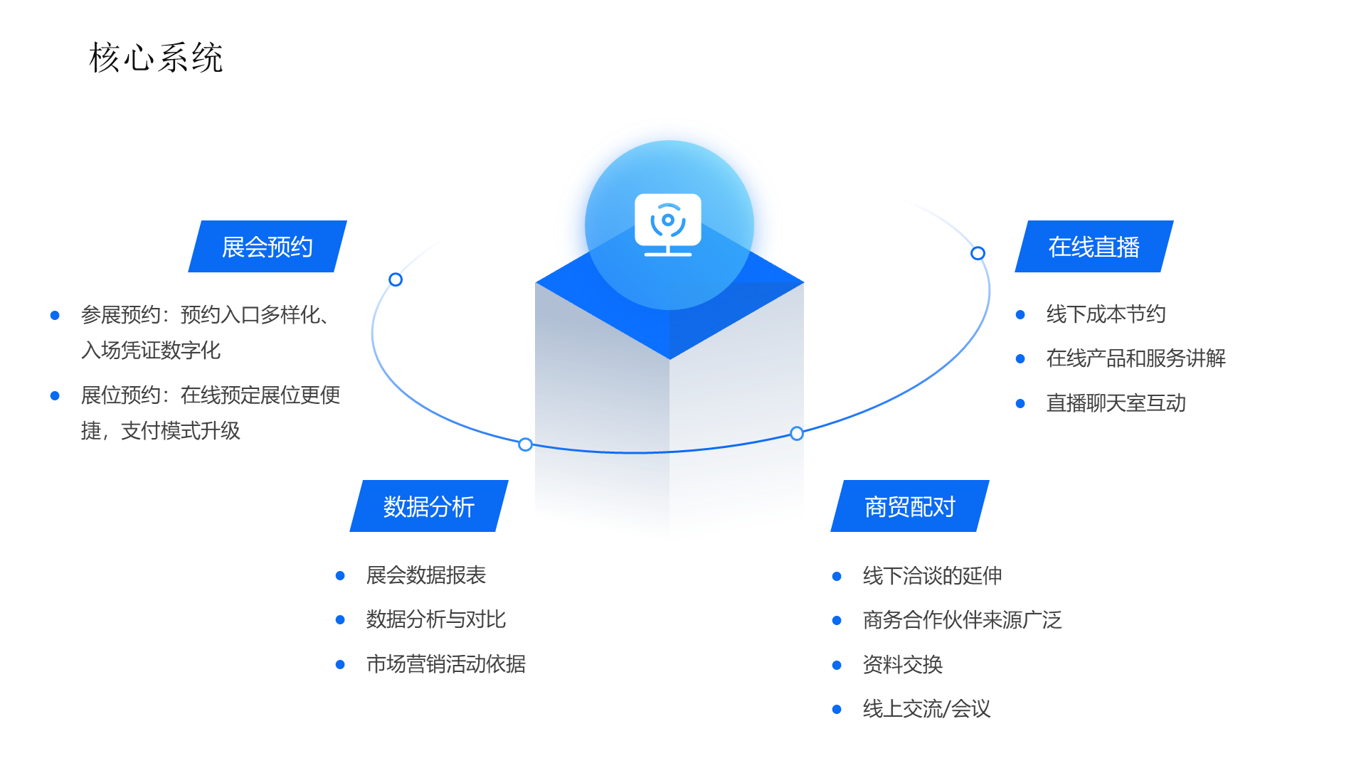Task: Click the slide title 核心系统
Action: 156,58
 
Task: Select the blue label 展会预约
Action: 268,247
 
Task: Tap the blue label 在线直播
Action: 1094,247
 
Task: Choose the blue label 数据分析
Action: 428,506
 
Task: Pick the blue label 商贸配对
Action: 909,506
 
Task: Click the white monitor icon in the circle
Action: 667,224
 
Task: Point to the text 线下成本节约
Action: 1106,314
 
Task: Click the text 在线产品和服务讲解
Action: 1135,358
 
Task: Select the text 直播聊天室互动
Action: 1116,403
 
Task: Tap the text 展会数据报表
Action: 425,575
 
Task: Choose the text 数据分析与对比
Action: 435,619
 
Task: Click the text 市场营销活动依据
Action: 445,664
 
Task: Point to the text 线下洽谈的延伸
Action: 932,576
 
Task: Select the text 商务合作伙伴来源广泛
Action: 962,620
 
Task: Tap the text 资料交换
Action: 902,665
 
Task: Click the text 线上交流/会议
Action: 926,709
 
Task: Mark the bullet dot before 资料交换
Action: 837,665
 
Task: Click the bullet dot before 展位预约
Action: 55,395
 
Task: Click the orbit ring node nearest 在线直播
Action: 978,253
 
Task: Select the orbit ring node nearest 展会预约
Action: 396,279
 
